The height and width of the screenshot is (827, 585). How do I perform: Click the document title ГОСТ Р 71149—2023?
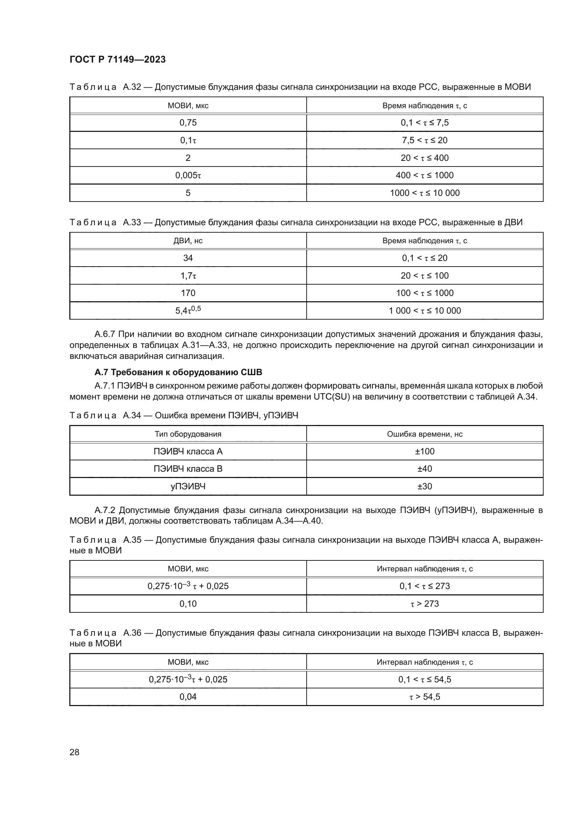coord(117,59)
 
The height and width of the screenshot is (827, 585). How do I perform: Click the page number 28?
coord(74,752)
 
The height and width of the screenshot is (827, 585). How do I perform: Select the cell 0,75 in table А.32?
coord(188,122)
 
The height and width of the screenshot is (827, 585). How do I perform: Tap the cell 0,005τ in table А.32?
coord(188,175)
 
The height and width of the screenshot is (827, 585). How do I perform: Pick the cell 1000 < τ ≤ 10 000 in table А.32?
coord(425,193)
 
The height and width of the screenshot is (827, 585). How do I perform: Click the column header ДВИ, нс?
coord(188,241)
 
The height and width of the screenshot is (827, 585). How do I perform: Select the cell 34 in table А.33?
coord(188,258)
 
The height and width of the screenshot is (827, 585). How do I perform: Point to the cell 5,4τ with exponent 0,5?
coord(188,310)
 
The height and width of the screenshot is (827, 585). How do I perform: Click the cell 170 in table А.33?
coord(188,293)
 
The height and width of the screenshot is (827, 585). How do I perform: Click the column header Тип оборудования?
coord(188,434)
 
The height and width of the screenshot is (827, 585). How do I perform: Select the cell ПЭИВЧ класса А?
coord(188,451)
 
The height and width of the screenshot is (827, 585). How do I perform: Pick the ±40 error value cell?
coord(425,468)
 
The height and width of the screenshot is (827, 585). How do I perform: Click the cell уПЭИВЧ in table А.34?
coord(188,486)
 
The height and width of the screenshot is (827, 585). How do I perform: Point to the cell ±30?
coord(425,486)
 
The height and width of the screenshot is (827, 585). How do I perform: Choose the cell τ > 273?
coord(425,604)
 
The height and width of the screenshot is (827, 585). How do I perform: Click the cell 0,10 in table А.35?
coord(188,604)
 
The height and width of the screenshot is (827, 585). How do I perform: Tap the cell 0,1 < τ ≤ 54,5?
coord(425,679)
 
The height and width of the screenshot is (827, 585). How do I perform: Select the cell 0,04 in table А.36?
coord(188,697)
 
